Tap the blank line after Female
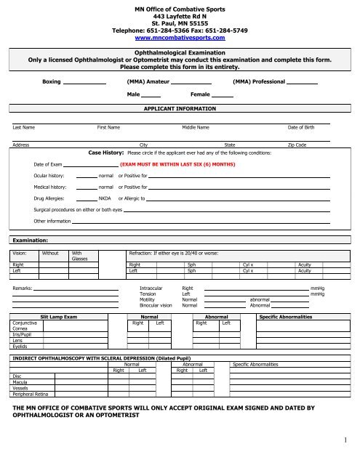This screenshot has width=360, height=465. coord(223,95)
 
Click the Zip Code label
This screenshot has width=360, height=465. coord(297,145)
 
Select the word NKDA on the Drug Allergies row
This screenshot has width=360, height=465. coord(104,198)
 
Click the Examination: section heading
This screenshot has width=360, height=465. coord(30,238)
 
